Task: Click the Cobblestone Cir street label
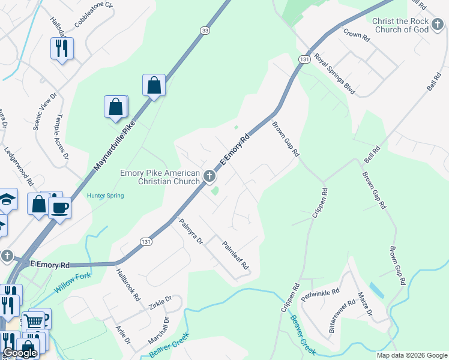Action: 94,14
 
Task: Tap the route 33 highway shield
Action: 206,31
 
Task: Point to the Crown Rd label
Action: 357,34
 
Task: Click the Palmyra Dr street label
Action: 191,231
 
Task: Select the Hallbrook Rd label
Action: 128,284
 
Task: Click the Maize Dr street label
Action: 364,304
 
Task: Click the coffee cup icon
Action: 59,208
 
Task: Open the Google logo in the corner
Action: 20,353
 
